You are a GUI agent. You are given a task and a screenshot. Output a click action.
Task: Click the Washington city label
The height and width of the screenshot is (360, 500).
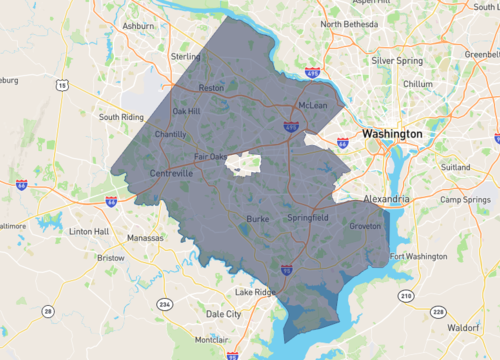click(392, 133)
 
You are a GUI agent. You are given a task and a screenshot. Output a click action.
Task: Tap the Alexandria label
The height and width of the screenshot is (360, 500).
click(386, 199)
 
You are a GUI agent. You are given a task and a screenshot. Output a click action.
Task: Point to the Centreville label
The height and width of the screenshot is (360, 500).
click(172, 173)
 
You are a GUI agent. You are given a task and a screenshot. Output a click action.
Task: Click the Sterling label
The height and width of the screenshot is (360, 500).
click(185, 57)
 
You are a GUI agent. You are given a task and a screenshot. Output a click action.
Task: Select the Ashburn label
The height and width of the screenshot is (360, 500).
click(137, 25)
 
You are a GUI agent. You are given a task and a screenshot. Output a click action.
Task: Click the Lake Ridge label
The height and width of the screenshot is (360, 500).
click(253, 292)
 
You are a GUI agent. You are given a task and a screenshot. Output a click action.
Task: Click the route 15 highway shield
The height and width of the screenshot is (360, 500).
click(62, 87)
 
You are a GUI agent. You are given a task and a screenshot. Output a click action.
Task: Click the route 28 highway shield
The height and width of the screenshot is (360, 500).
click(46, 313)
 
